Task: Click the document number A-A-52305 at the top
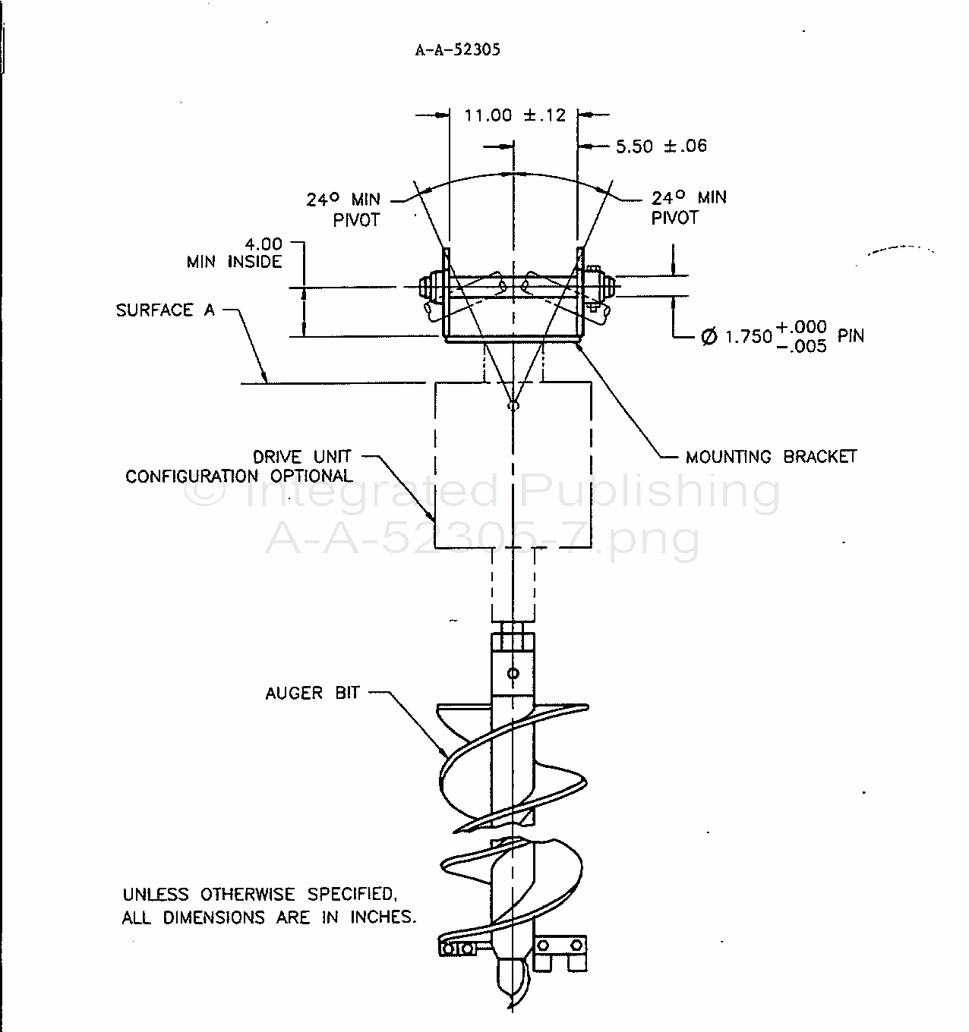[457, 50]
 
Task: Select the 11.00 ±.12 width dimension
[515, 115]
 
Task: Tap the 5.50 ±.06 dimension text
[661, 146]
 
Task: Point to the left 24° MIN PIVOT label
[343, 209]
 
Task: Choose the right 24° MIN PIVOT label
[688, 207]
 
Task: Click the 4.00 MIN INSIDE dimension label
[236, 253]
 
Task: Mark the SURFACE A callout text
[165, 310]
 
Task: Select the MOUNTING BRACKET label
[771, 457]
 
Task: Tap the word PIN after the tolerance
[851, 335]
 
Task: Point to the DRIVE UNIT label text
[302, 457]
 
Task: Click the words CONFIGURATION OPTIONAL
[239, 477]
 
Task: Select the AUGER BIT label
[312, 693]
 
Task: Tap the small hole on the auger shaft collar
[513, 673]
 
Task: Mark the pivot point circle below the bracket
[513, 405]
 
